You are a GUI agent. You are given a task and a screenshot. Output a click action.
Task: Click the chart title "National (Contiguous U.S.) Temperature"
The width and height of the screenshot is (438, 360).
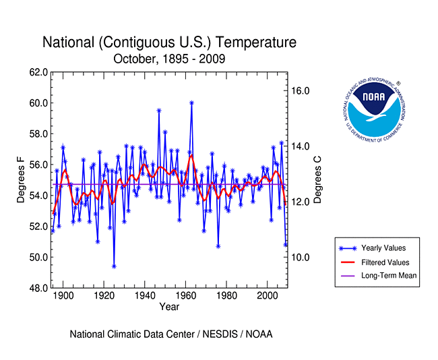point(169,42)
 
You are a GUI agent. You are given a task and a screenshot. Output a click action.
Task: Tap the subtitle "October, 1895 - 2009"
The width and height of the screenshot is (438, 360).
point(169,59)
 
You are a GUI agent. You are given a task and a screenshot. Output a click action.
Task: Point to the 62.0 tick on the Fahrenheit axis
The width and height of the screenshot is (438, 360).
point(38,72)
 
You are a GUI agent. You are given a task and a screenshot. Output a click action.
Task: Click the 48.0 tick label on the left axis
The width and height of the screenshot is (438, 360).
point(38,288)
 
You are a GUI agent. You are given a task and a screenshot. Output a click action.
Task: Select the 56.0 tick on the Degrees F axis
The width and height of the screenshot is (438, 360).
point(38,164)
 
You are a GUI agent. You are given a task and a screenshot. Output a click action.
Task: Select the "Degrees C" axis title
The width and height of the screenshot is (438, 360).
point(317,179)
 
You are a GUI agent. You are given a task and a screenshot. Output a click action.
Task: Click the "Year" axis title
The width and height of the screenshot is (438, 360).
point(169,307)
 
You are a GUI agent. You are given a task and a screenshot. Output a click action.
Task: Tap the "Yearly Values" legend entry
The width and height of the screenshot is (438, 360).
point(383,248)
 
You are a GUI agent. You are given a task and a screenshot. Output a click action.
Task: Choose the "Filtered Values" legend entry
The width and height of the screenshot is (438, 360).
point(385,262)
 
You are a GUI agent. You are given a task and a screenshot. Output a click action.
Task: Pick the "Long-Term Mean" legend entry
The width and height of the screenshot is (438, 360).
point(389,275)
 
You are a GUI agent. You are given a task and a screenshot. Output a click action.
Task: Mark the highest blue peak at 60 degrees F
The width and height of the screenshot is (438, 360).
point(192,102)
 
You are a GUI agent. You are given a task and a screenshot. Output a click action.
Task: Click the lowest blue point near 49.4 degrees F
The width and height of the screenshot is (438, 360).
point(114,266)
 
